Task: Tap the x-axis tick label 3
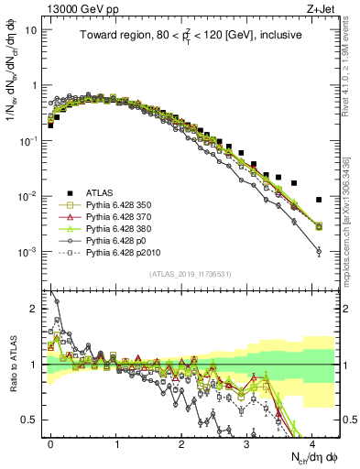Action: pos(246,442)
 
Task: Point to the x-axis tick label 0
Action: pos(51,442)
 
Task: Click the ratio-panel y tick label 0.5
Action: pos(31,420)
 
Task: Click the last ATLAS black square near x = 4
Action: pos(318,199)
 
